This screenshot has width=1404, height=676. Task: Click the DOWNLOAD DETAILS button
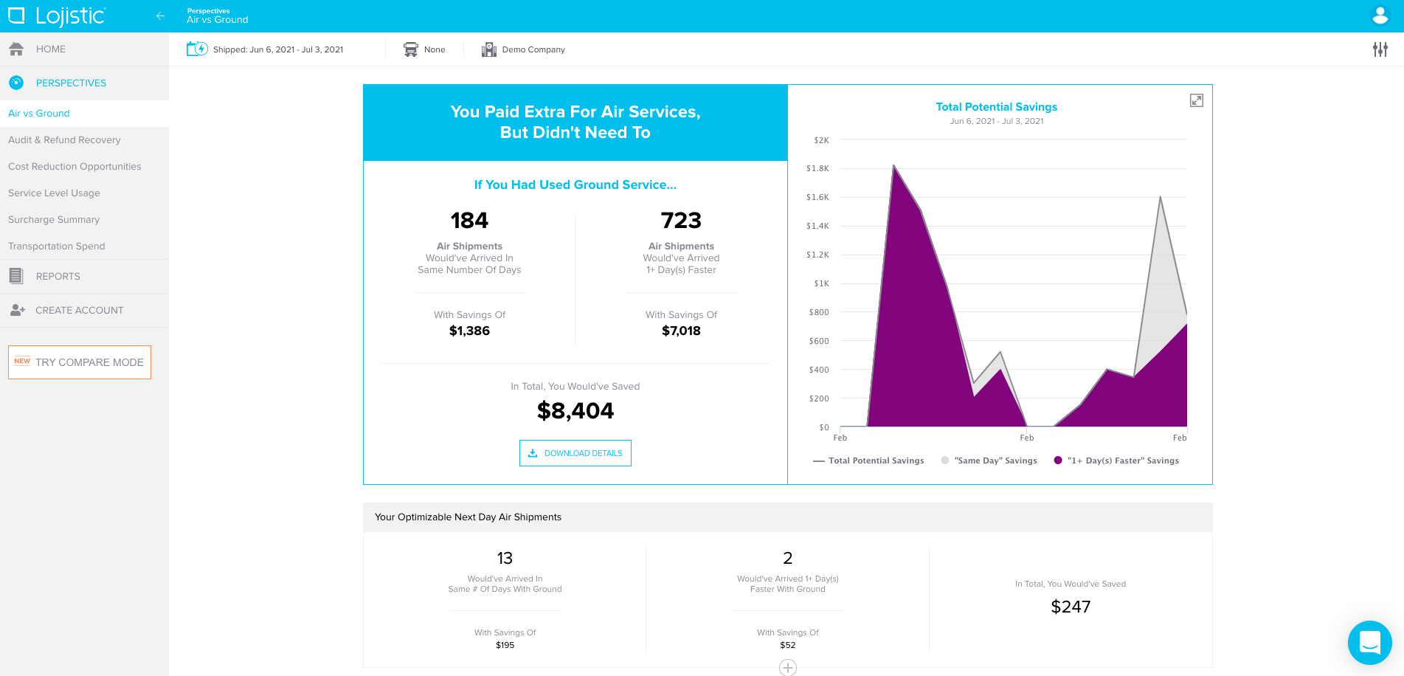point(575,453)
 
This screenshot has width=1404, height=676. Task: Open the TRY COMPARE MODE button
point(80,362)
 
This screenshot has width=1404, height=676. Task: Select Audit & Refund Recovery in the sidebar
point(64,140)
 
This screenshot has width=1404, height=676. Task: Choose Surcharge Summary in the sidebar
point(54,220)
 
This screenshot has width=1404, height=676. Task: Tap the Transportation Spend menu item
point(57,246)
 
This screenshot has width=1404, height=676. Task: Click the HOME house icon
point(16,49)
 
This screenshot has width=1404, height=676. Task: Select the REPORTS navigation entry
point(58,277)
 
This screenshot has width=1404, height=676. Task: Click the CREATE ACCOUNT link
point(79,311)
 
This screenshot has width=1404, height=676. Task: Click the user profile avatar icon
point(1380,15)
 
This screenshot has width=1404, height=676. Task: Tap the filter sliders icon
point(1380,49)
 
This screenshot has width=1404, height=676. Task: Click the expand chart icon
point(1196,100)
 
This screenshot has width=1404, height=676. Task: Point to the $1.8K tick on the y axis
point(817,169)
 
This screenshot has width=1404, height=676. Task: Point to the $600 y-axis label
point(818,342)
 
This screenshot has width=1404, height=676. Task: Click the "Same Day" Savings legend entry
point(995,461)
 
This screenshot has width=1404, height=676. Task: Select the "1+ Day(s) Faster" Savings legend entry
point(1122,461)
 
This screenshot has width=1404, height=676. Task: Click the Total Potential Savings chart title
point(996,107)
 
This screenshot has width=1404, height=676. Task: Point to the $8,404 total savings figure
point(575,411)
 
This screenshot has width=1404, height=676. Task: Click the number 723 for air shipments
point(681,221)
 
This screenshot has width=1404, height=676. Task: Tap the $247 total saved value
point(1071,607)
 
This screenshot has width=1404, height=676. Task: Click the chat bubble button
point(1369,643)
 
